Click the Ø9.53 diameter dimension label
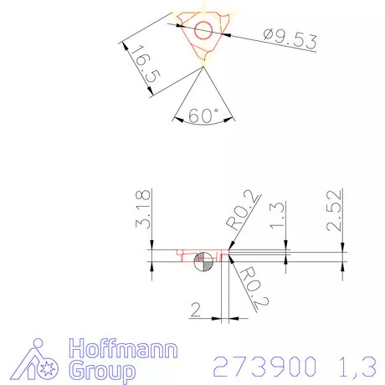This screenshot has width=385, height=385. (290, 39)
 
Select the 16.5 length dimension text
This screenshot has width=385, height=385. (146, 64)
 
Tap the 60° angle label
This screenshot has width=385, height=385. (203, 116)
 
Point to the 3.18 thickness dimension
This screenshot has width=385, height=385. (143, 209)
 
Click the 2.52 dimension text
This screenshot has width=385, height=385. (334, 211)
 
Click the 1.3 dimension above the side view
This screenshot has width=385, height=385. (277, 216)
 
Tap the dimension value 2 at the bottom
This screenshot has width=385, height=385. (196, 310)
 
